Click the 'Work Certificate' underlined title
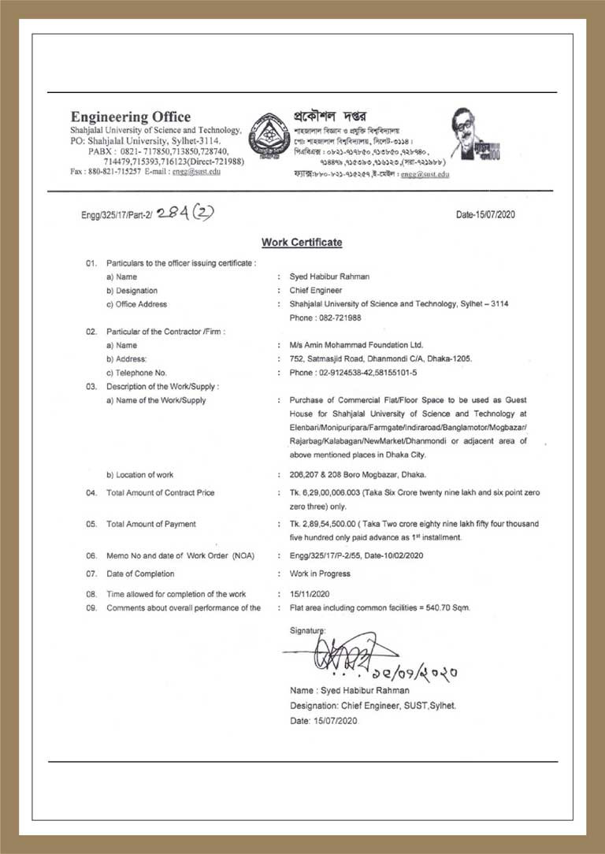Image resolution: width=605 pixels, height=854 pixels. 302,243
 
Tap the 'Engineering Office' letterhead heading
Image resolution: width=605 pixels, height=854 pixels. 130,117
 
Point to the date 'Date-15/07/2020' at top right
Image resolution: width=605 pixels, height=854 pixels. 485,214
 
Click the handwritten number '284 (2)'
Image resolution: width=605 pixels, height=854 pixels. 185,212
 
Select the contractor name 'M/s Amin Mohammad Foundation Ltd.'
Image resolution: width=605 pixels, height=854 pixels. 356,345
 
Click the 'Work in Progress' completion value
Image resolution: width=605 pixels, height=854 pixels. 320,574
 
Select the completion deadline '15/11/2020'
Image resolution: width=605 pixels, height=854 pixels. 309,594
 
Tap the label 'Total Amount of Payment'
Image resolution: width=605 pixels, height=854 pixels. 151,524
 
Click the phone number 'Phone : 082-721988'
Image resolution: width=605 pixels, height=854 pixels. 325,317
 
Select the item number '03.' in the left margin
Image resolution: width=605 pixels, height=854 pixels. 91,387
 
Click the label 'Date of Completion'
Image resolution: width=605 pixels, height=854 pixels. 140,574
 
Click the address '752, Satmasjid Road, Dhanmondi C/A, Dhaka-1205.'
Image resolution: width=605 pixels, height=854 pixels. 380,358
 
